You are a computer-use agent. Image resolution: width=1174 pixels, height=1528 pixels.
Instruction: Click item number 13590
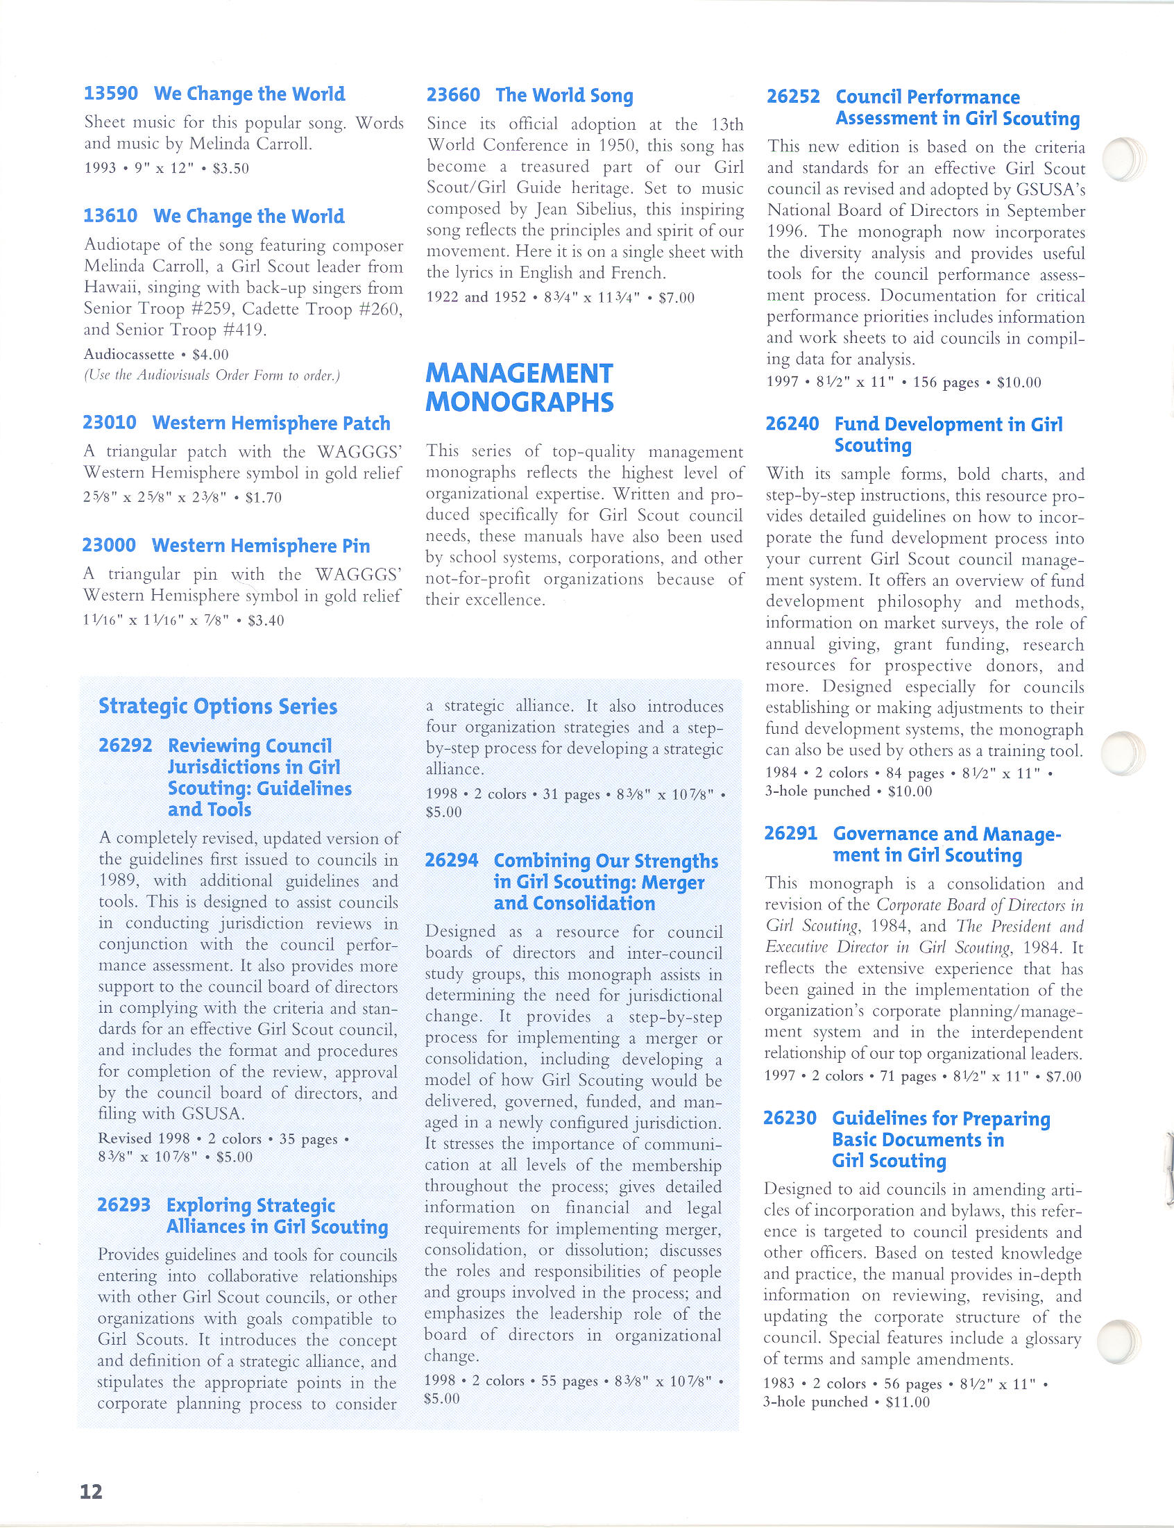coord(110,94)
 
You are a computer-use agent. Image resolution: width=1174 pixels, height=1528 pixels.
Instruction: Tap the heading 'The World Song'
coord(564,95)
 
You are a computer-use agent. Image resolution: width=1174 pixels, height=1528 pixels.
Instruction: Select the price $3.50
coord(231,169)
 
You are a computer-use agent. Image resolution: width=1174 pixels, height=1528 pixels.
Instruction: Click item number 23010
coord(109,423)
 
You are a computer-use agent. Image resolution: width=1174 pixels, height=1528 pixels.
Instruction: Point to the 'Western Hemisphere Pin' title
coord(261,546)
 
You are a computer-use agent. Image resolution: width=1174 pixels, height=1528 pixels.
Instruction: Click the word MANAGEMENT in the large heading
coord(519,373)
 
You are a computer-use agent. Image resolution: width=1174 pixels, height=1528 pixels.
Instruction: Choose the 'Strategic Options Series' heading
coord(218,707)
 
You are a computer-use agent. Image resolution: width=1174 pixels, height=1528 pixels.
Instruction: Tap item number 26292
coord(125,746)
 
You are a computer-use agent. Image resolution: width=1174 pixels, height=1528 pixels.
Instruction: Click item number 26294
coord(452,860)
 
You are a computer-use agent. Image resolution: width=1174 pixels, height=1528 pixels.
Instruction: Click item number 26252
coord(793,96)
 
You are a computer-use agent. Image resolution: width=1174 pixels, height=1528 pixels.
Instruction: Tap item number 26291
coord(791,833)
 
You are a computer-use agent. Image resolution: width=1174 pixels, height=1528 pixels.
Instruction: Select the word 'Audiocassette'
coord(128,354)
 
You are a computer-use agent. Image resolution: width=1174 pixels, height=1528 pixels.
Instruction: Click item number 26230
coord(790,1118)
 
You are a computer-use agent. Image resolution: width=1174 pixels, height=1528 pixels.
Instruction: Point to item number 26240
coord(792,424)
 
